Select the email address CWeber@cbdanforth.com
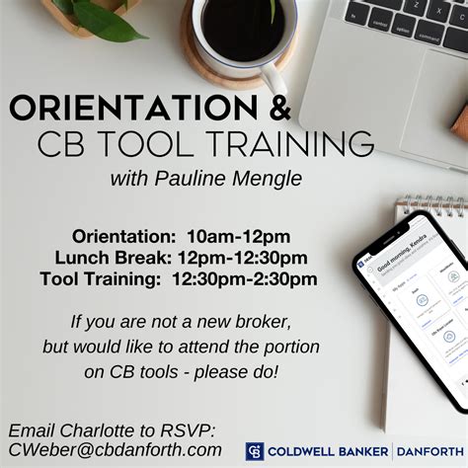(x=116, y=449)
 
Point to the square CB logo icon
(x=255, y=451)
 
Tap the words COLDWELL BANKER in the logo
(x=328, y=451)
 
